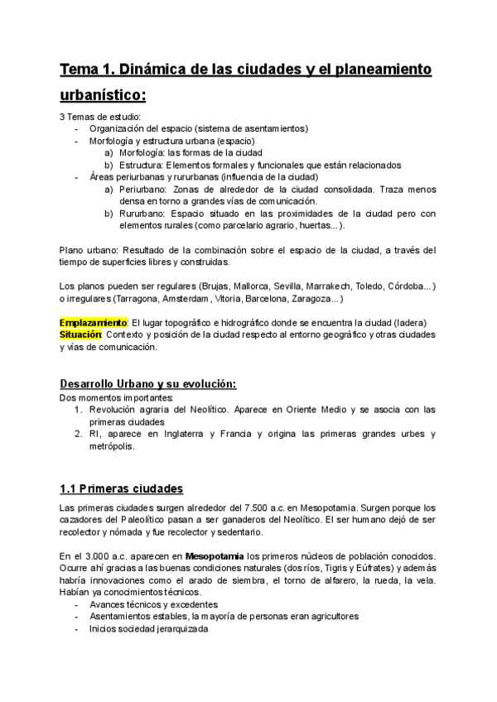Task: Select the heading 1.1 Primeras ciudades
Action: click(121, 488)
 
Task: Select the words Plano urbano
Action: click(89, 250)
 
